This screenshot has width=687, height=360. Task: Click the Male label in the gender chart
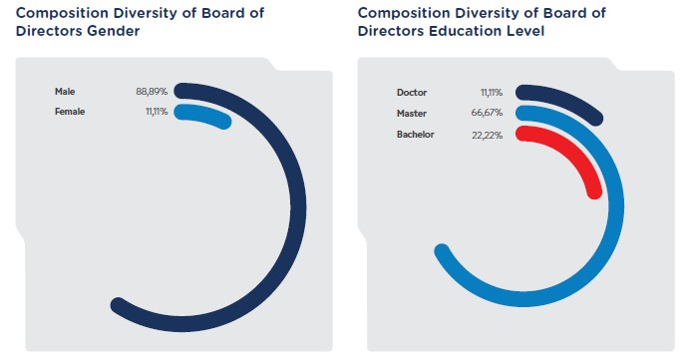[x=65, y=92]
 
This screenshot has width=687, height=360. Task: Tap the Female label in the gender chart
[x=70, y=112]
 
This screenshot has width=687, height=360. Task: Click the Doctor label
[x=412, y=93]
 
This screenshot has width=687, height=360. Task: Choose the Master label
[x=412, y=113]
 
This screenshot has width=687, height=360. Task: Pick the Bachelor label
[x=415, y=134]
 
